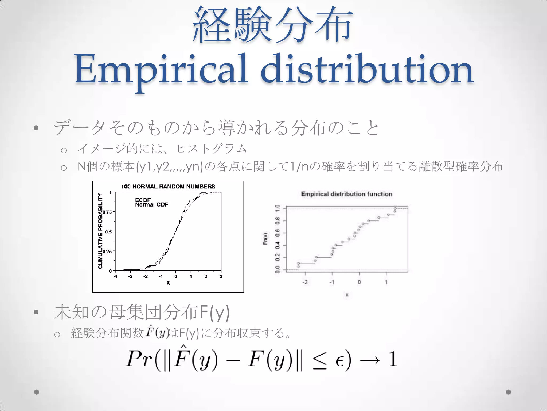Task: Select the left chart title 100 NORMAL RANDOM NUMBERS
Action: click(168, 187)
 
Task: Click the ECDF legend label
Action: click(143, 200)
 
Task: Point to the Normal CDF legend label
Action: click(151, 205)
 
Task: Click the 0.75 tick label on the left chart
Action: click(107, 212)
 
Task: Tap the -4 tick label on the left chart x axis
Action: click(115, 276)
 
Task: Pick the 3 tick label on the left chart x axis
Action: click(221, 276)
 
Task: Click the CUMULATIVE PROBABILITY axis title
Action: click(100, 231)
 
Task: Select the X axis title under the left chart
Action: click(168, 283)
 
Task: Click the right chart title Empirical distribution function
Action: click(347, 194)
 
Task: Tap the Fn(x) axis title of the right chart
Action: click(265, 238)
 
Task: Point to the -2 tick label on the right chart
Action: click(305, 282)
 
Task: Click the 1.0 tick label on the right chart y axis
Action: click(278, 208)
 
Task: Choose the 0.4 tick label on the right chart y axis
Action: click(278, 245)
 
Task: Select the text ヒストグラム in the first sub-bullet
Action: click(212, 149)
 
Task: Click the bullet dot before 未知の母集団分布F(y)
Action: click(36, 312)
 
